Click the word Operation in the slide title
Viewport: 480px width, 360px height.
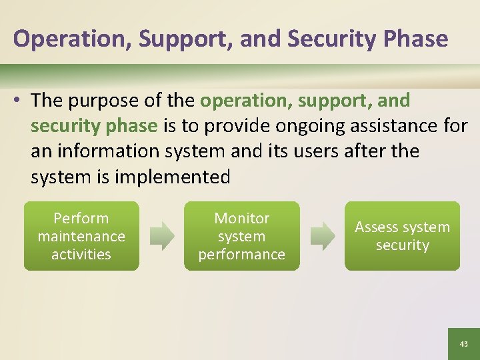pos(72,39)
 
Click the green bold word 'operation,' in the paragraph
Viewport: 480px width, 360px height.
pos(247,101)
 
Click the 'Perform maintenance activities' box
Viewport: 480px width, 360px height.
pos(81,236)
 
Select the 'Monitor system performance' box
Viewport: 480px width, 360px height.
pos(242,236)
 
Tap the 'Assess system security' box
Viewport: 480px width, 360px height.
pos(402,236)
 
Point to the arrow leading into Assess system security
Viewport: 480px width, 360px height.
pos(323,237)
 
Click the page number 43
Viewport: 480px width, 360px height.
pos(463,343)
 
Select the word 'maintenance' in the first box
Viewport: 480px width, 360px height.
pos(81,236)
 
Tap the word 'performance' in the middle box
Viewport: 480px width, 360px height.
pos(242,254)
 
